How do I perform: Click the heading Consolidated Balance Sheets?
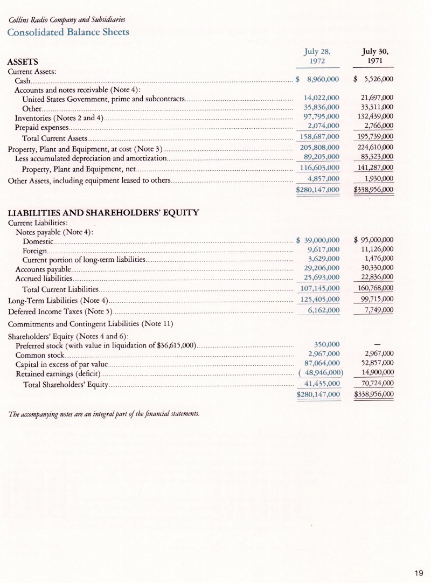pyautogui.click(x=68, y=32)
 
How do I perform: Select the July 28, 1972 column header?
pyautogui.click(x=317, y=57)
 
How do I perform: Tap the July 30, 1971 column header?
pyautogui.click(x=375, y=57)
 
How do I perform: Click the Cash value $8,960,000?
pyautogui.click(x=318, y=80)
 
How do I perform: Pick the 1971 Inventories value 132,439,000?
pyautogui.click(x=376, y=117)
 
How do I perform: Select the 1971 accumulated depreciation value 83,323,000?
pyautogui.click(x=376, y=157)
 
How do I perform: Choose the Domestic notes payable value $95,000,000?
pyautogui.click(x=374, y=240)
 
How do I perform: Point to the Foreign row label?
pyautogui.click(x=34, y=250)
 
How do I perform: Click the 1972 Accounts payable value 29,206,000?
pyautogui.click(x=321, y=268)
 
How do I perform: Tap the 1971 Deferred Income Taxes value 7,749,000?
pyautogui.click(x=378, y=310)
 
